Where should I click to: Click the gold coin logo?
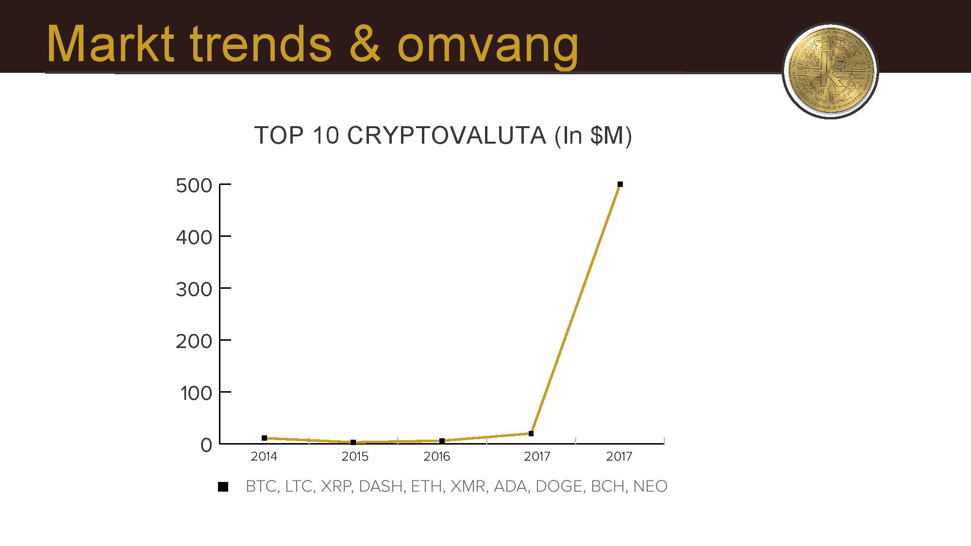point(831,70)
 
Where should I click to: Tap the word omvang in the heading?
point(488,47)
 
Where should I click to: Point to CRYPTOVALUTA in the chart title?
point(447,135)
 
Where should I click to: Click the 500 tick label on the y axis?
point(194,185)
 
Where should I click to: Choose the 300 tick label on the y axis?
point(194,289)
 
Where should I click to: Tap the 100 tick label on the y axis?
point(197,393)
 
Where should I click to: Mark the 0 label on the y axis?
point(206,445)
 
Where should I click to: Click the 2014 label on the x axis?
point(264,456)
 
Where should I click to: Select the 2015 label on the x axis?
point(355,456)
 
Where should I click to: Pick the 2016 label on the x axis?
point(437,456)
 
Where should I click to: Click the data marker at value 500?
point(620,184)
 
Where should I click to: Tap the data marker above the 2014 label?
point(265,438)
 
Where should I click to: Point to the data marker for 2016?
point(442,441)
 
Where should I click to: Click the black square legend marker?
point(223,487)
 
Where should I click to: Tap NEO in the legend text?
point(650,486)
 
